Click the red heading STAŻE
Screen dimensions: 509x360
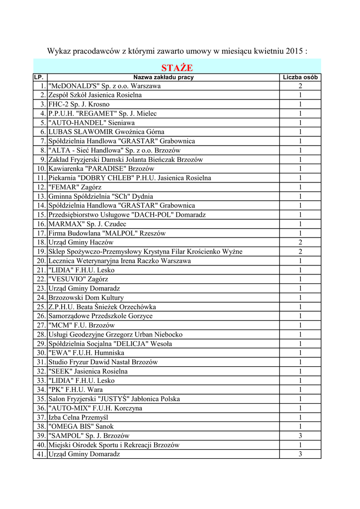pyautogui.click(x=177, y=68)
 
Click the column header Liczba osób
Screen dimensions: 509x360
pyautogui.click(x=300, y=78)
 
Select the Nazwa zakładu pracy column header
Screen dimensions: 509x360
pyautogui.click(x=163, y=78)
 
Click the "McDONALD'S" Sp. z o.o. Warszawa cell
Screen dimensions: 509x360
pyautogui.click(x=104, y=86)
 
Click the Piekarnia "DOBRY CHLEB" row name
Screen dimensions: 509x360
pyautogui.click(x=130, y=178)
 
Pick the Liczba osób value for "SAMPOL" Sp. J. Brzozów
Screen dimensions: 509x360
pyautogui.click(x=300, y=435)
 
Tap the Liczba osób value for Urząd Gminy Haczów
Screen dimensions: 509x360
pyautogui.click(x=300, y=242)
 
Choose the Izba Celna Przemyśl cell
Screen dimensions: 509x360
pyautogui.click(x=78, y=417)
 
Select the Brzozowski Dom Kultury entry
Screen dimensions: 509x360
pyautogui.click(x=86, y=297)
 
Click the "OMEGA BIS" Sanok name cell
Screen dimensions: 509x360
pyautogui.click(x=81, y=426)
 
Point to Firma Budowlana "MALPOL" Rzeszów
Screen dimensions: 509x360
pyautogui.click(x=107, y=233)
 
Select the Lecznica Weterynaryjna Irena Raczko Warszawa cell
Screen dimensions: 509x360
pyautogui.click(x=119, y=260)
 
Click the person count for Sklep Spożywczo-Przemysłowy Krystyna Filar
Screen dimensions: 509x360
pyautogui.click(x=300, y=252)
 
